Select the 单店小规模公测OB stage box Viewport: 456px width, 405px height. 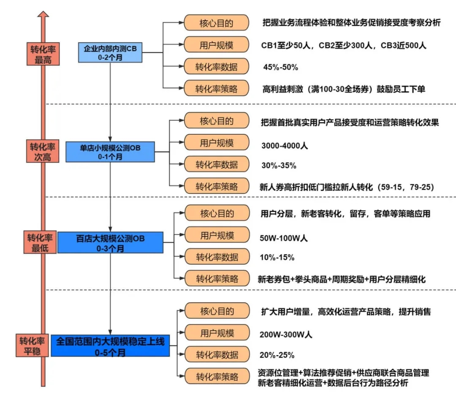pos(110,152)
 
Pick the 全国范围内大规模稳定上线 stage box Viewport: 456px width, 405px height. pos(110,345)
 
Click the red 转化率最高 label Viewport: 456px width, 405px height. pos(43,54)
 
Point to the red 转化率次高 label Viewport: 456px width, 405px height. pos(43,152)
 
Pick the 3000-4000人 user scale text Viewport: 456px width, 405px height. pos(285,146)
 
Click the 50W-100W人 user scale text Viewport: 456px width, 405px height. pos(284,238)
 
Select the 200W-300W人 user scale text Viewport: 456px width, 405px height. pos(286,335)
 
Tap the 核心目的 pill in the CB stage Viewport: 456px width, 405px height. pos(216,22)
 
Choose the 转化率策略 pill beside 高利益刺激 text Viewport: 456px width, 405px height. pos(216,89)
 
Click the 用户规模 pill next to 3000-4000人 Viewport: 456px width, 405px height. pos(216,143)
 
